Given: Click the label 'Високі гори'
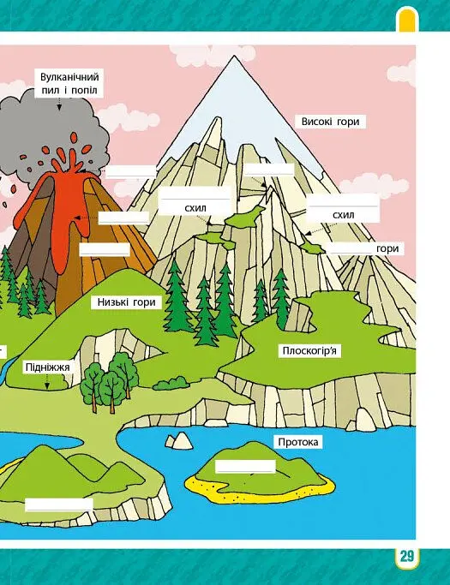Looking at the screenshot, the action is pyautogui.click(x=330, y=122).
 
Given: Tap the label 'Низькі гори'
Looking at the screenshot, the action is pyautogui.click(x=126, y=302).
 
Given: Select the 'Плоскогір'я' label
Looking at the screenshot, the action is pyautogui.click(x=309, y=350).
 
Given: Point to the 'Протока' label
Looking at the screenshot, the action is pyautogui.click(x=298, y=442).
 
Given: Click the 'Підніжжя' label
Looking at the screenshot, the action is pyautogui.click(x=47, y=367).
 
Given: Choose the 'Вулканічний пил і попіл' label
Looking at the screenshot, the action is pyautogui.click(x=69, y=83).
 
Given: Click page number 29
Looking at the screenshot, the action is pyautogui.click(x=406, y=556).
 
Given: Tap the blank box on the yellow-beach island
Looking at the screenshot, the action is pyautogui.click(x=245, y=466).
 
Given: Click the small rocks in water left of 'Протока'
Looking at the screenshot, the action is pyautogui.click(x=179, y=440).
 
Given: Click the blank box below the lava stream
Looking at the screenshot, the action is pyautogui.click(x=105, y=249).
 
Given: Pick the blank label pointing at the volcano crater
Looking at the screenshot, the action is pyautogui.click(x=130, y=171).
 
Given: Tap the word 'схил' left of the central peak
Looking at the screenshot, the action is pyautogui.click(x=195, y=208).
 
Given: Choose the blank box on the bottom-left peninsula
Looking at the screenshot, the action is pyautogui.click(x=58, y=504).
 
